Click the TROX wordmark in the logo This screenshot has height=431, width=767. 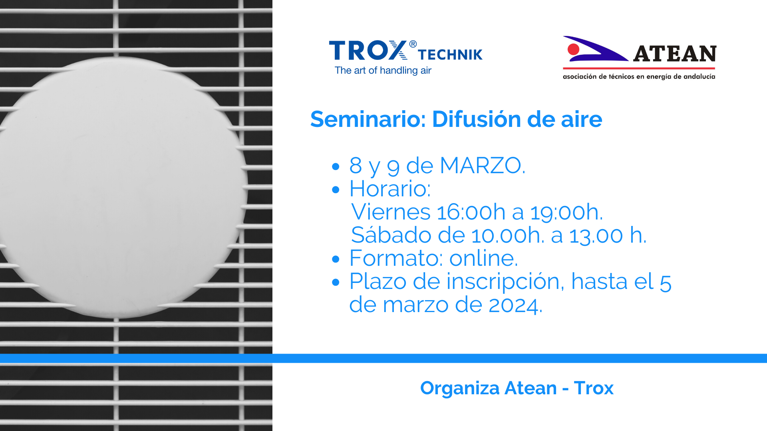click(368, 51)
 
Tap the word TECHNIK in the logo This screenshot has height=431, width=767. click(450, 55)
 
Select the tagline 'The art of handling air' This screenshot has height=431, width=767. click(383, 71)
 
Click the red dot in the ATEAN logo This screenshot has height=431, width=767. click(574, 49)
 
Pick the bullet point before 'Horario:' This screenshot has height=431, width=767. click(336, 190)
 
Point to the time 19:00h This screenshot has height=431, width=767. click(566, 212)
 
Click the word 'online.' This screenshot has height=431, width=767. click(484, 258)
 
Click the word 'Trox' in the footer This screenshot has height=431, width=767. click(594, 388)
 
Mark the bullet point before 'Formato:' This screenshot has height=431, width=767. click(336, 259)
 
